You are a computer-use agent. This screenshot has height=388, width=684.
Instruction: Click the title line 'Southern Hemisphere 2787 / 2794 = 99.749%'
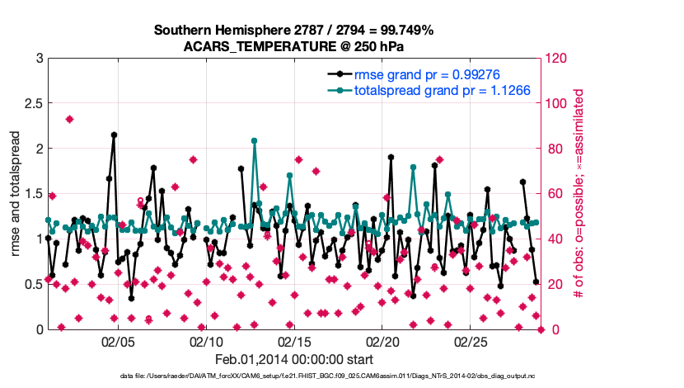click(294, 31)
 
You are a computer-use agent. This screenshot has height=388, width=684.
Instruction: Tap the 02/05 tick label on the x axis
click(118, 341)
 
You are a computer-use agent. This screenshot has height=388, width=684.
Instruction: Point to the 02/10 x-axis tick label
click(206, 341)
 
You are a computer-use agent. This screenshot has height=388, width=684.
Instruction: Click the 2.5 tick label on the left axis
click(32, 104)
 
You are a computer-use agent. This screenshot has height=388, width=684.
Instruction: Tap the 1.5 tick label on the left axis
click(32, 194)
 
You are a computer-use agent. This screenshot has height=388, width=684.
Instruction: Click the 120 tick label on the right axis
click(558, 59)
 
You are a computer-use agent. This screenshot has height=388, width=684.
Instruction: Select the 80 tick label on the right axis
click(555, 149)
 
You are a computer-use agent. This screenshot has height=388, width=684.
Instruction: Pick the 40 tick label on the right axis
click(555, 239)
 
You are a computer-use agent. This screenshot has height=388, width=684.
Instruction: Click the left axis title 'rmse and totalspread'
click(16, 194)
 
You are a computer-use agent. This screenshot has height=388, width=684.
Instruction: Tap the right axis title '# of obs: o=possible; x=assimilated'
click(579, 194)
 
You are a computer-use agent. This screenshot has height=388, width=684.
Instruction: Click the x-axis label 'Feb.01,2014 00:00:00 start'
click(294, 359)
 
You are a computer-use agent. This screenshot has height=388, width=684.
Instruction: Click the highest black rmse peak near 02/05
click(114, 135)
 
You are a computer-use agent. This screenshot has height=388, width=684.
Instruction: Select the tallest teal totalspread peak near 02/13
click(255, 140)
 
